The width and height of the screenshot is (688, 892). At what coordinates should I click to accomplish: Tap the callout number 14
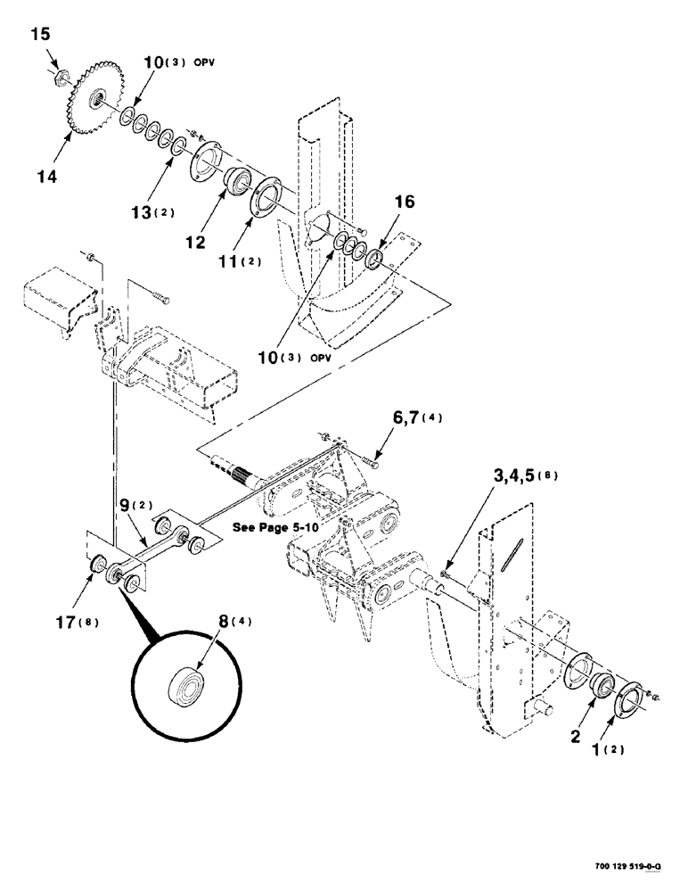point(46,177)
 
